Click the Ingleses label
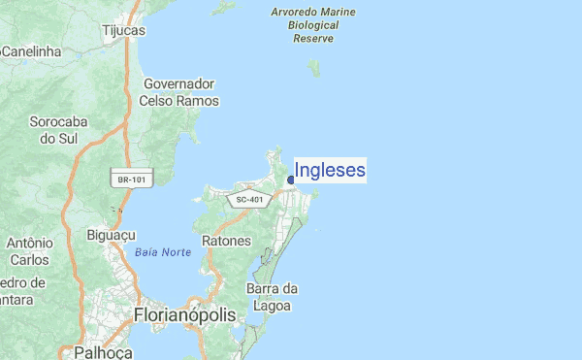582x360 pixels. coord(330,171)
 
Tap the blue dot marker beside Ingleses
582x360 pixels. coord(291,179)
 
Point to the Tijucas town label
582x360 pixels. coord(123,30)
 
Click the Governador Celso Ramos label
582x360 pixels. coord(179,92)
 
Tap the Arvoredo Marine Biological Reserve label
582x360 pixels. coord(312,25)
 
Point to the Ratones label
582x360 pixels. coord(227,240)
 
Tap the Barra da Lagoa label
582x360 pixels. coord(272,297)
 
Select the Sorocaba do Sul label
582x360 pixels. coord(58,130)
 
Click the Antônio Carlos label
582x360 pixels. coord(28,251)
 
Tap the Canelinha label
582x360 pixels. coord(31,50)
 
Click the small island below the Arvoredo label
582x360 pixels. coord(313,67)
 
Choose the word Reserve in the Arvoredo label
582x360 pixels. coord(312,39)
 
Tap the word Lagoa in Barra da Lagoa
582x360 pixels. coord(272,306)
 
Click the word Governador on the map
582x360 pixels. coord(179,83)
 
